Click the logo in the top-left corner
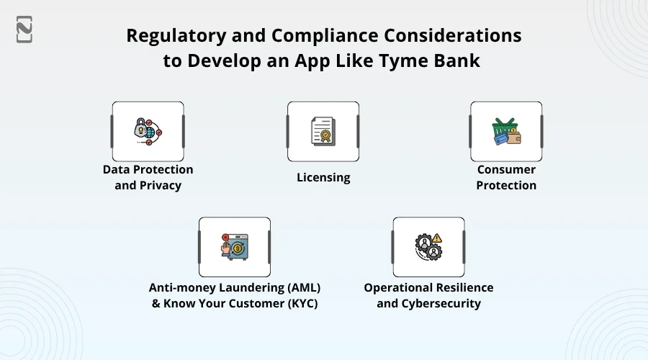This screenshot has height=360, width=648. [x=24, y=30]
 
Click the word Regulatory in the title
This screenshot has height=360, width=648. [x=176, y=36]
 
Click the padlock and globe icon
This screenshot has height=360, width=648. [x=148, y=132]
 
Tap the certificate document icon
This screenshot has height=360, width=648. [x=323, y=132]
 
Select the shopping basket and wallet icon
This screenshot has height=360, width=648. [x=506, y=132]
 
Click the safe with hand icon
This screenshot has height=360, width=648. [x=235, y=247]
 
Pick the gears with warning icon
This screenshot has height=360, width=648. [x=428, y=247]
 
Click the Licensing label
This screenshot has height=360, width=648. [x=323, y=177]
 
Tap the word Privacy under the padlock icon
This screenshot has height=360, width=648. [x=160, y=186]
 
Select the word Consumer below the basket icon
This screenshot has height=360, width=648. [x=506, y=169]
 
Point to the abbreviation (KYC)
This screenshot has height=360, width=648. [x=302, y=303]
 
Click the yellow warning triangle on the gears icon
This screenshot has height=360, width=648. [x=437, y=238]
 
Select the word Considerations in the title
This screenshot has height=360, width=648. [x=453, y=36]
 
